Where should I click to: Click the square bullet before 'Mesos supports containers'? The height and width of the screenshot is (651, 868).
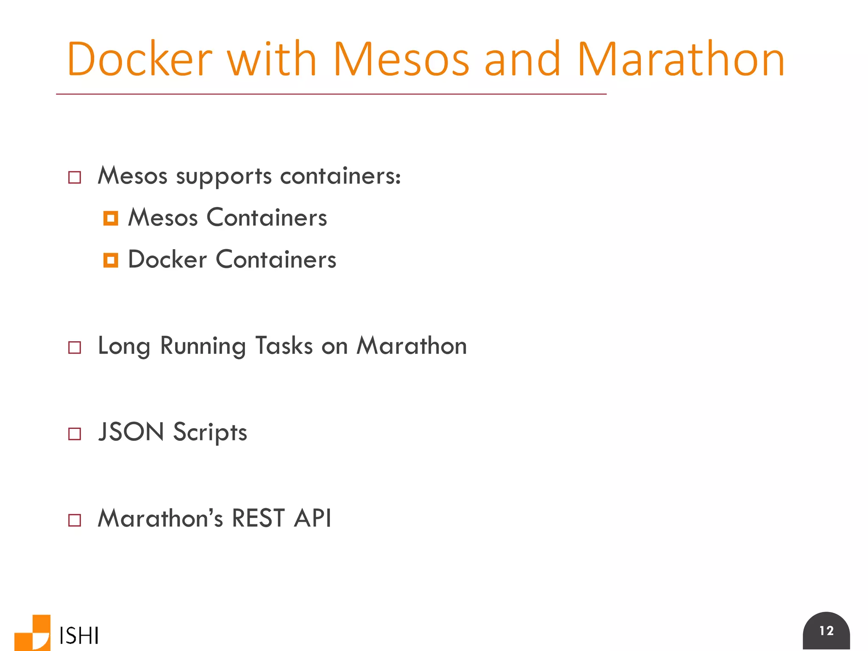point(75,177)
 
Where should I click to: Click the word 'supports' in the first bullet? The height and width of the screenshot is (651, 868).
point(224,176)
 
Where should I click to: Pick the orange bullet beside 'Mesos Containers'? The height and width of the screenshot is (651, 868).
point(111,218)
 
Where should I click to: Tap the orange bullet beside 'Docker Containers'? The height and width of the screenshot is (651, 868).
point(111,260)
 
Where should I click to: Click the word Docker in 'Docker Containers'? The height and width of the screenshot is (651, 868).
point(167,259)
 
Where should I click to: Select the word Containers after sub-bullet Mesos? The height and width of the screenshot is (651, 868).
point(267,218)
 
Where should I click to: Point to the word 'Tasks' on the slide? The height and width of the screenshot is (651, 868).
point(284,346)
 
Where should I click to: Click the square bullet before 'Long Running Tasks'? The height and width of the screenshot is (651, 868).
point(75,348)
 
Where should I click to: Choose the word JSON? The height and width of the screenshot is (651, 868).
point(131,432)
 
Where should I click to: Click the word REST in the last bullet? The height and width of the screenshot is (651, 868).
point(258,518)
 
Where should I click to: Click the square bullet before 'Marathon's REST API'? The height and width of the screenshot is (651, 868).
point(75,520)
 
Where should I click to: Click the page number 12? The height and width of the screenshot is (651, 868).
point(826,631)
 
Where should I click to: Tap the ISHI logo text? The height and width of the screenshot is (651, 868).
point(79,636)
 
